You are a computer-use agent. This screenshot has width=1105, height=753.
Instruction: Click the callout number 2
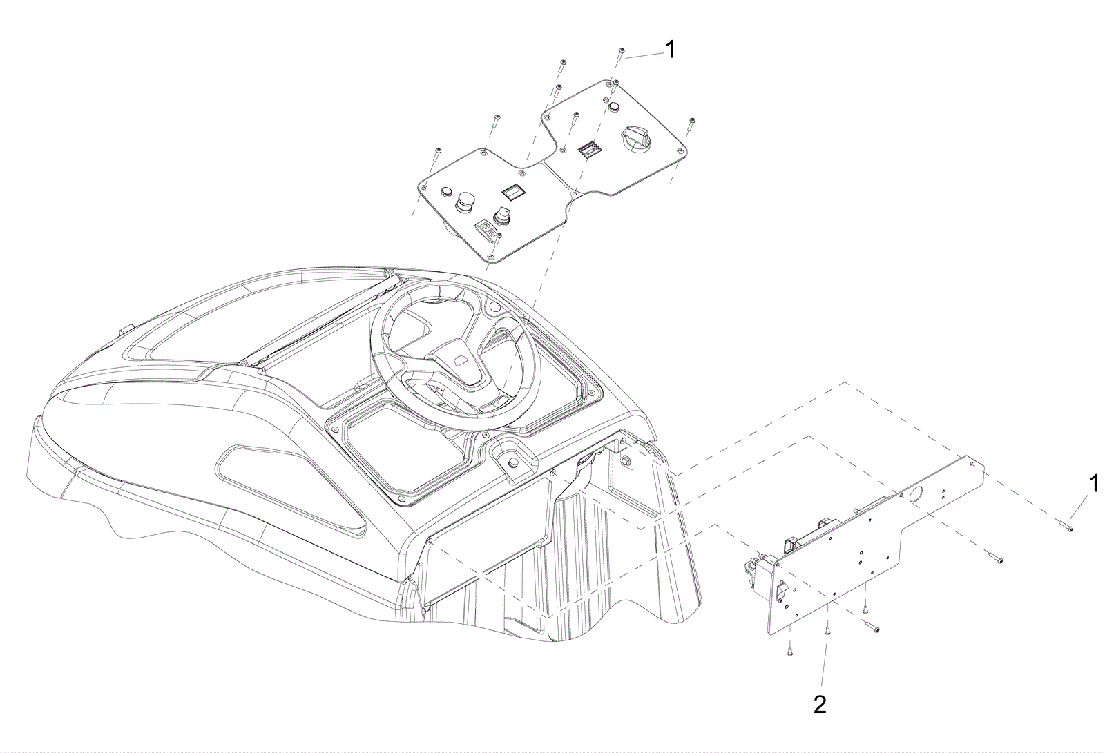point(819,705)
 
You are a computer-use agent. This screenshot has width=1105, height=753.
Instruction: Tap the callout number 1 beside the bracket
point(1094,484)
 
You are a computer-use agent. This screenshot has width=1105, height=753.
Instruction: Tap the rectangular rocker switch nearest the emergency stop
point(511,191)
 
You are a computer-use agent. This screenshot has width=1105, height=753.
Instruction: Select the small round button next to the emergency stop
point(448,191)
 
